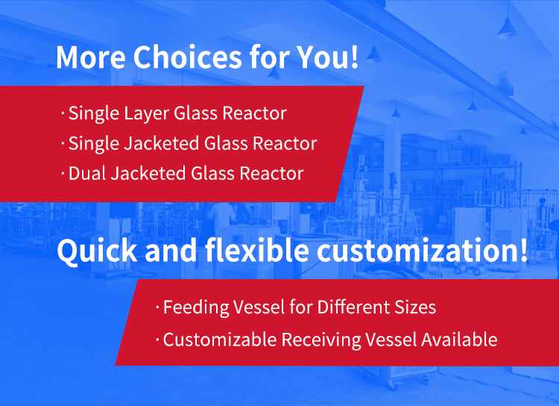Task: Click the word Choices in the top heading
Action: click(188, 57)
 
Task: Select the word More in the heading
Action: click(91, 57)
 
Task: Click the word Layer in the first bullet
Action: click(147, 114)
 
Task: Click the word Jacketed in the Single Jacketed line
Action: click(162, 144)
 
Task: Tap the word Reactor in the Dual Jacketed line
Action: click(271, 174)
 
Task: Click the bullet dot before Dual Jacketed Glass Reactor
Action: click(63, 174)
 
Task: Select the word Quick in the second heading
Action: click(97, 251)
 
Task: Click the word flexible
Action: click(256, 250)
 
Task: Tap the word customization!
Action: click(422, 250)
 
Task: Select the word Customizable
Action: click(220, 340)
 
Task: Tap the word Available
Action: click(459, 340)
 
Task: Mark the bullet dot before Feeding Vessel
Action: click(157, 307)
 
